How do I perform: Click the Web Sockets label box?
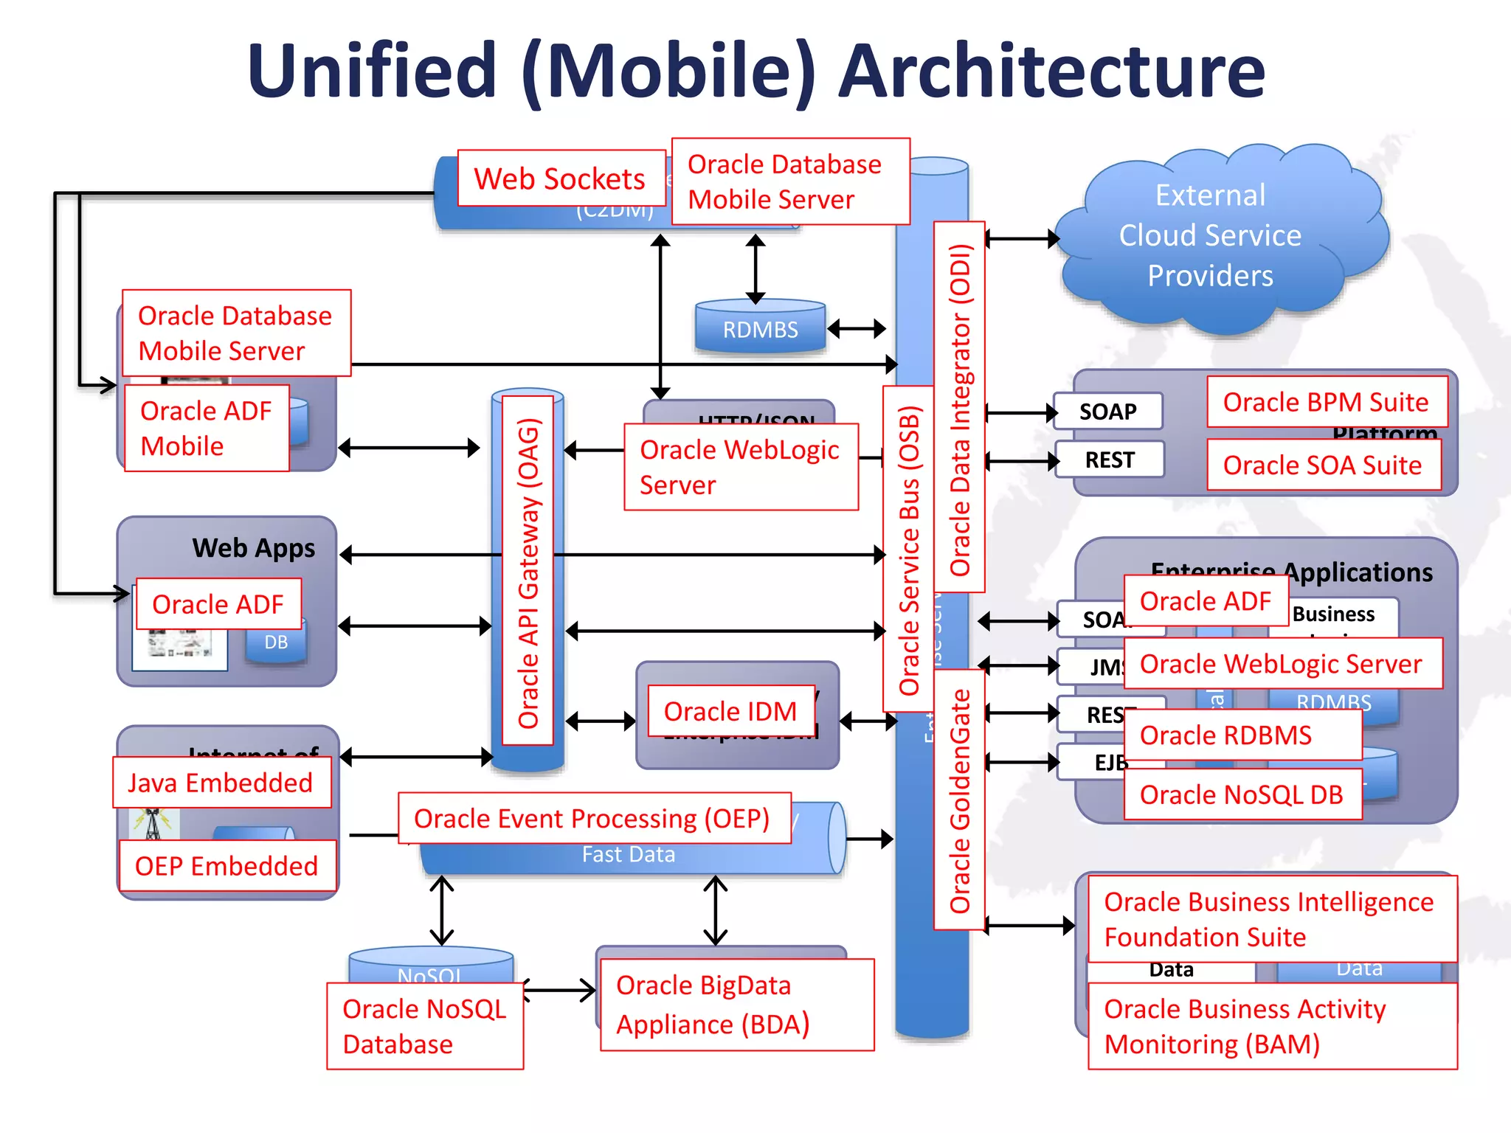tap(561, 179)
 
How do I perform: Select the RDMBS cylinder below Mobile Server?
tap(760, 328)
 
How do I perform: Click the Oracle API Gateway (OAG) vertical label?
tap(528, 572)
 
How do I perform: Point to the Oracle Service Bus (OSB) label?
tap(909, 550)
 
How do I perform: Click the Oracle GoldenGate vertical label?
tap(959, 800)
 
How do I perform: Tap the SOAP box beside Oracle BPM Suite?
tap(1108, 412)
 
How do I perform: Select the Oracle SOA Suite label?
tap(1324, 465)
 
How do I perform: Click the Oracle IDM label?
tap(730, 711)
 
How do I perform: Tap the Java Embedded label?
tap(221, 783)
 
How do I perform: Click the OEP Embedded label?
tap(227, 866)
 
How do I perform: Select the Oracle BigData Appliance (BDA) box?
tap(736, 1005)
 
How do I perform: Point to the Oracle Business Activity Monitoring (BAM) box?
tap(1272, 1026)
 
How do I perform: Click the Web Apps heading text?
tap(253, 548)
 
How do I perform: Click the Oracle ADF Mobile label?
tap(207, 429)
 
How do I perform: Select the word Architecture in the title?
tap(1052, 72)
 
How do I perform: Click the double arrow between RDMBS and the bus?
tap(857, 328)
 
